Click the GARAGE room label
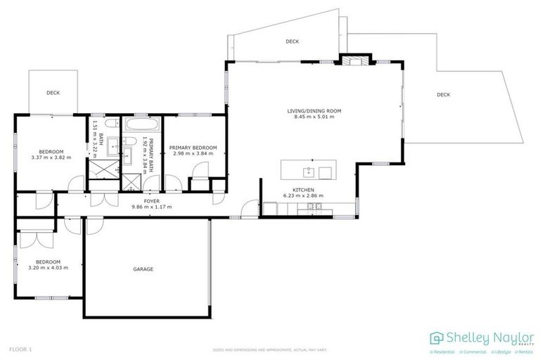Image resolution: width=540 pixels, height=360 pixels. (143, 269)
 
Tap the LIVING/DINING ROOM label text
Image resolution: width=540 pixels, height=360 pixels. (314, 110)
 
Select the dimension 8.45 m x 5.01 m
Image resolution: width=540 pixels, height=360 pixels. (314, 117)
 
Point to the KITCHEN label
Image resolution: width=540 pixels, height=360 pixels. (304, 190)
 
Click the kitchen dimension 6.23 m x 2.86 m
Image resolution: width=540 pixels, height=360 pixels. (304, 195)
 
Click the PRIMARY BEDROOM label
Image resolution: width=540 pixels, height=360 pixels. (193, 148)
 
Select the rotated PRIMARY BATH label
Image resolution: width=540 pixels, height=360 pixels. (150, 150)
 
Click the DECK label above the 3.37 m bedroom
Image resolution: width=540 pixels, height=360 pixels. (53, 92)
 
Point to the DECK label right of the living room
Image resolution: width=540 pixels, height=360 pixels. (443, 94)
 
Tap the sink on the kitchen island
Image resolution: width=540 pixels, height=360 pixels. (308, 171)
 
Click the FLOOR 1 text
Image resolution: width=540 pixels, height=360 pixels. (20, 349)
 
